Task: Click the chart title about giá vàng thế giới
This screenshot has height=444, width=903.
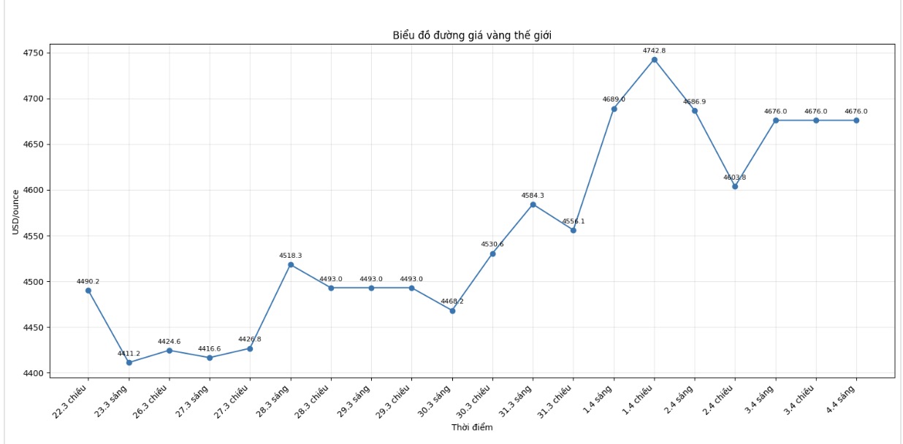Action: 472,36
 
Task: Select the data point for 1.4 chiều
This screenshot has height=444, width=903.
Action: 654,60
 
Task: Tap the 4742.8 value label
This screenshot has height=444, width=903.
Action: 654,51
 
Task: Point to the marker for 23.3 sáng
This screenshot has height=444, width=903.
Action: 129,362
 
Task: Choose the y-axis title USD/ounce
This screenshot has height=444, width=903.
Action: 16,213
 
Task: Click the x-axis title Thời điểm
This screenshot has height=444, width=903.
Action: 472,427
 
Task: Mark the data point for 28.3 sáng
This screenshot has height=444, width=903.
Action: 291,264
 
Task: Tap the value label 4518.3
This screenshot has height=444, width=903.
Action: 290,256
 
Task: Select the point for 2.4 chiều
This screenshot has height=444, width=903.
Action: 735,186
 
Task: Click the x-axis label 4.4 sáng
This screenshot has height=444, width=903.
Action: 842,399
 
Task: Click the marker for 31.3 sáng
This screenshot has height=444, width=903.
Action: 533,204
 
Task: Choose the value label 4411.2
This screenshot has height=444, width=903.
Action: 129,353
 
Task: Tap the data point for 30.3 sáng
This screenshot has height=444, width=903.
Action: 452,310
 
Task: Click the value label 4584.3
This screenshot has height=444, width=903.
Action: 533,196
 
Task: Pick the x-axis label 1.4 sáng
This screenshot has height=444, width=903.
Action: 598,399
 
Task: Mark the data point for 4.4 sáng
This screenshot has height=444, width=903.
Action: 856,120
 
